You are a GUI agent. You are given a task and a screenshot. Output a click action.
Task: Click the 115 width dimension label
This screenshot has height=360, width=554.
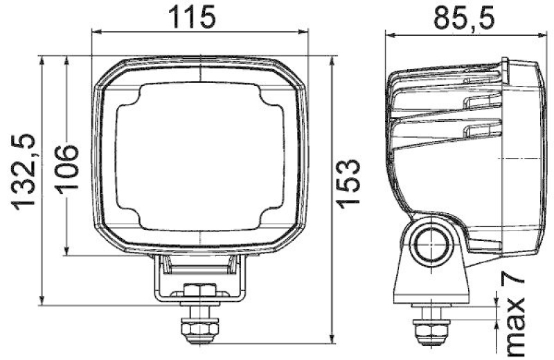click(x=199, y=17)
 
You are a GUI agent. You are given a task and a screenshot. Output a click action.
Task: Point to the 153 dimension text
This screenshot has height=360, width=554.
click(x=348, y=181)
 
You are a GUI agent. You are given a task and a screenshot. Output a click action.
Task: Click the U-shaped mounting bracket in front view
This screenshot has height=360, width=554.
click(x=199, y=277)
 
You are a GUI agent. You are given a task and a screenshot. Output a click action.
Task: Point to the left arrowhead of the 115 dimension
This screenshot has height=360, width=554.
click(x=96, y=31)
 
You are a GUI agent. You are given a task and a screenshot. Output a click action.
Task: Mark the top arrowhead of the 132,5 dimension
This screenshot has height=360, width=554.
click(x=44, y=61)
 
